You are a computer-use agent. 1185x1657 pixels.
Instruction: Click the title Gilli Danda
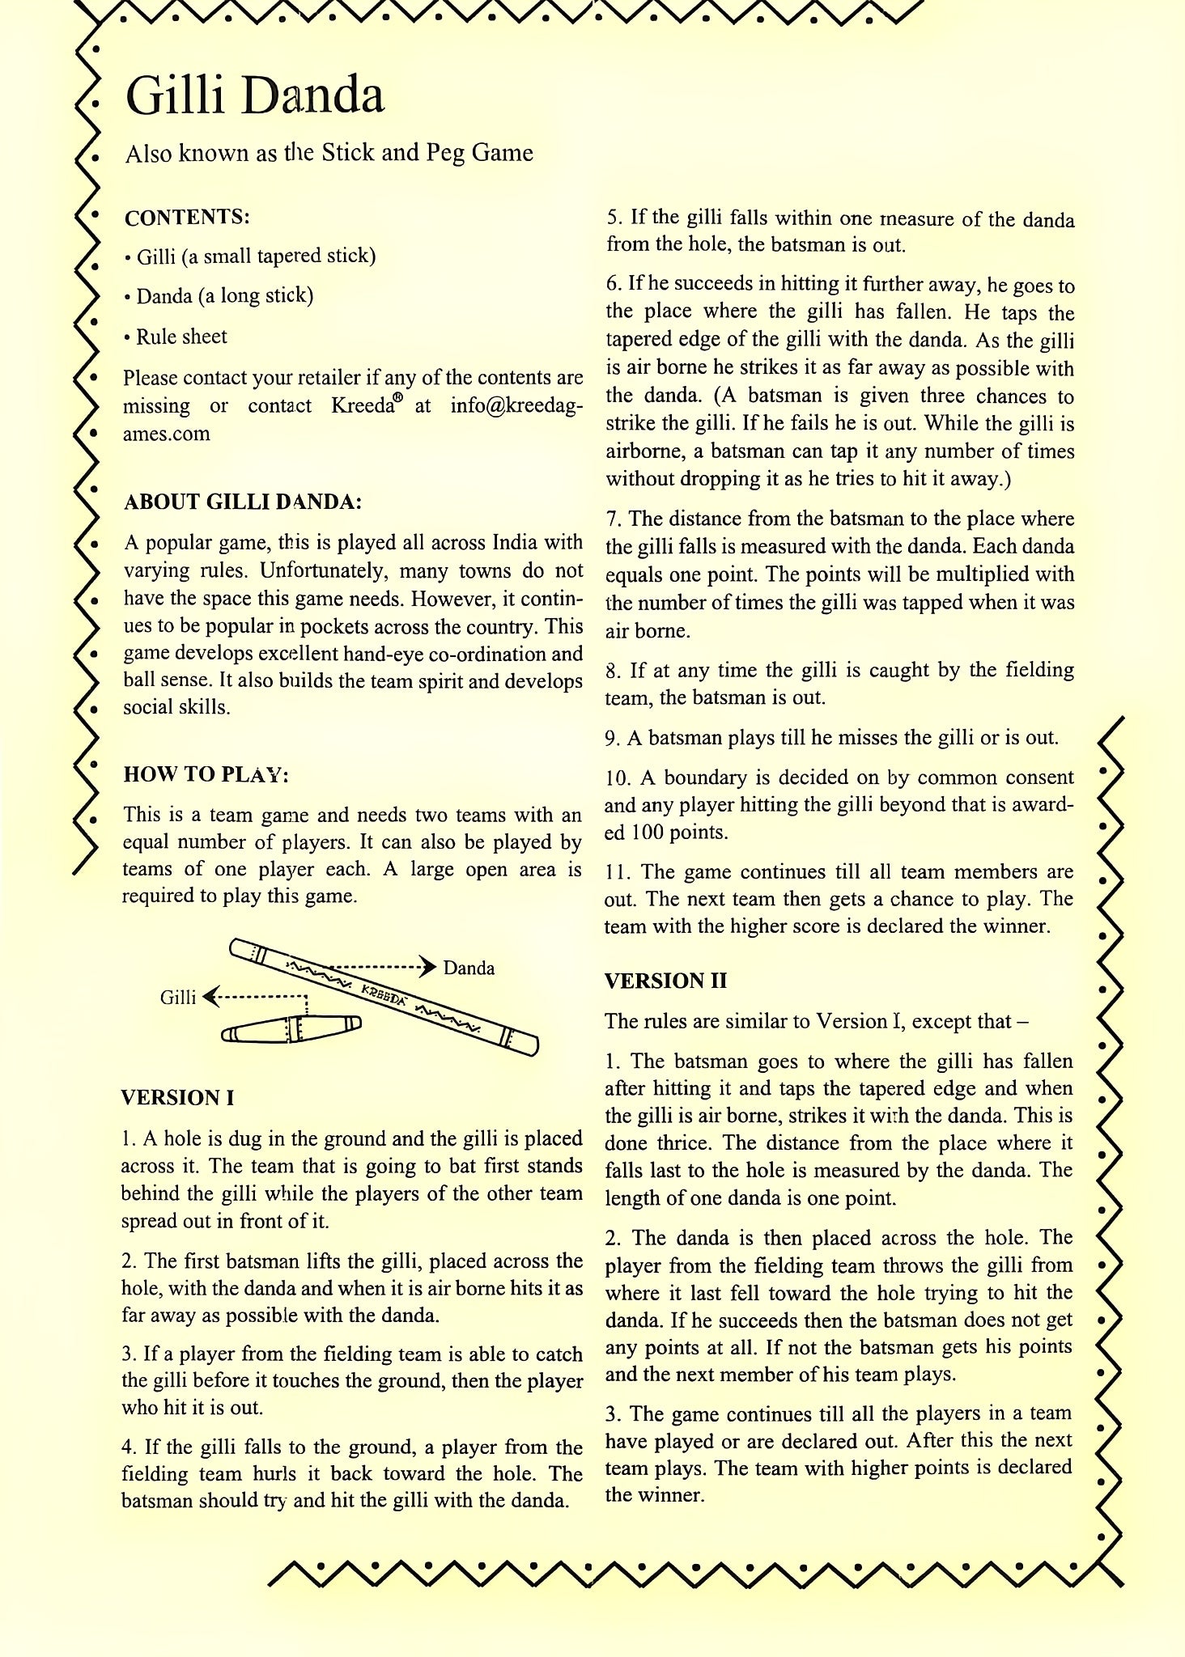[255, 96]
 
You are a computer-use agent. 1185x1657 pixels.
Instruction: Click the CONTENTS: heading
[187, 218]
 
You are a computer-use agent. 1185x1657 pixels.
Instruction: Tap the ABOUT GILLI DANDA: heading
[242, 502]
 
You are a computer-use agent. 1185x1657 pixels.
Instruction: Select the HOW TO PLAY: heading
[206, 774]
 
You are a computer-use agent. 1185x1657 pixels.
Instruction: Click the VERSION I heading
[177, 1098]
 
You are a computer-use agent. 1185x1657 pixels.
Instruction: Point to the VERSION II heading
[665, 981]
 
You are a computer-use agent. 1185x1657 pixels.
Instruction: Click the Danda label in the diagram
[469, 968]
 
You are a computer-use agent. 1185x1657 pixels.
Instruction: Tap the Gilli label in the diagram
[178, 997]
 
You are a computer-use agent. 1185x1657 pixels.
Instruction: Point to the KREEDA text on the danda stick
[384, 994]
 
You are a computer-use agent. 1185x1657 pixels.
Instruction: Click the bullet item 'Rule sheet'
[181, 337]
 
